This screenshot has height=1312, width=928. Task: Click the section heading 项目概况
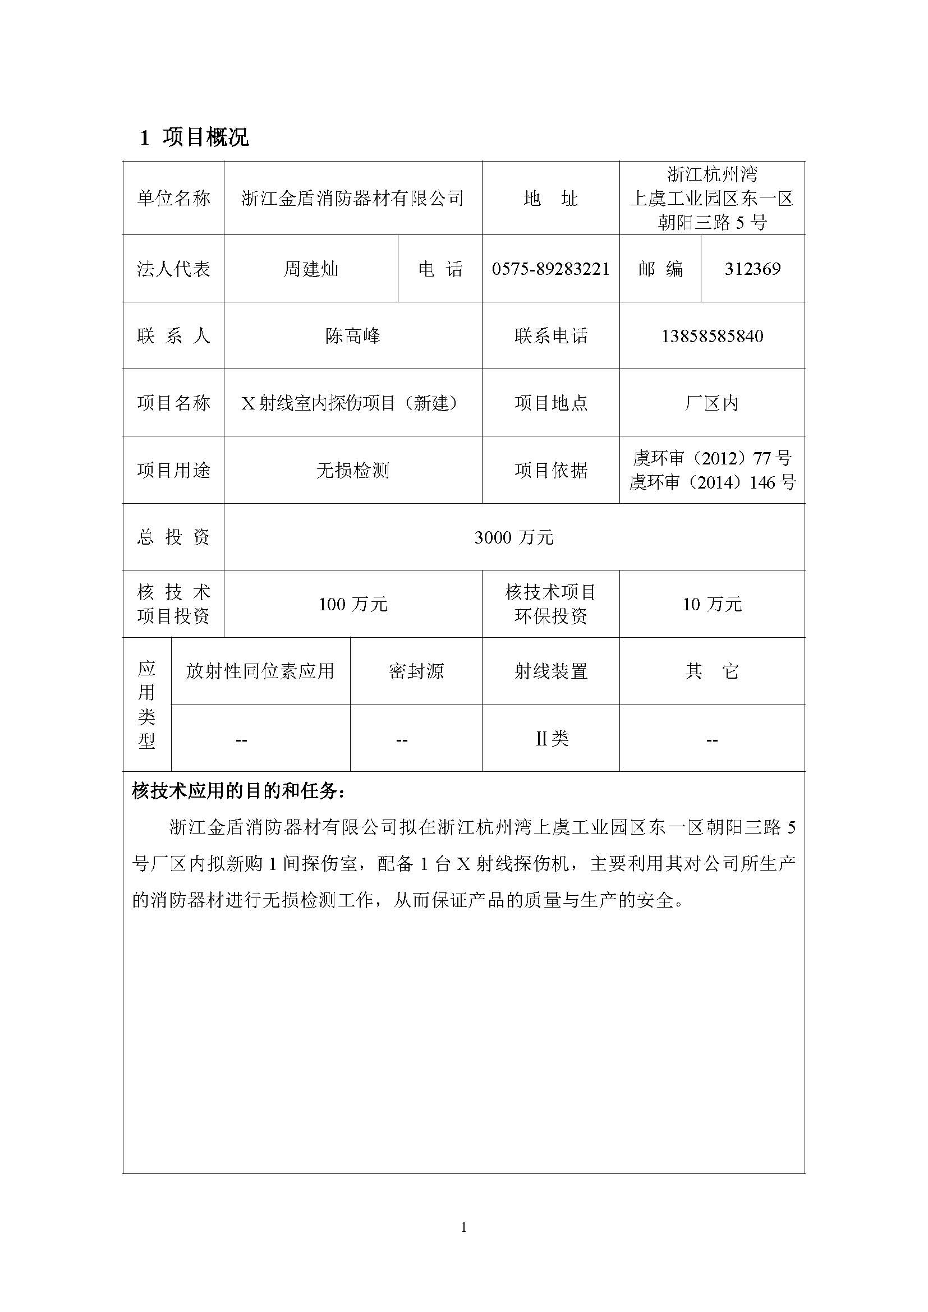coord(205,138)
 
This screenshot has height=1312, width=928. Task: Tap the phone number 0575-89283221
coord(550,269)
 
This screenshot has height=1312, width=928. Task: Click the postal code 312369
coord(752,269)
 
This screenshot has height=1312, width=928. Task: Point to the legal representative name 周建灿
coord(311,269)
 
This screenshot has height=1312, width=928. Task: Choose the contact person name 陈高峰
coord(352,335)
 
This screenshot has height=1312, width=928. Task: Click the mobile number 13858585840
coord(712,336)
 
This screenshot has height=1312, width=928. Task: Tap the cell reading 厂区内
coord(711,403)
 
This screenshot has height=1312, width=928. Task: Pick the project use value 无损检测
coord(352,470)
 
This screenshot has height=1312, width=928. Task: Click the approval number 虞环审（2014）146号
coord(712,483)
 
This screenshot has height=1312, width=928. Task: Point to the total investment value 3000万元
coord(514,537)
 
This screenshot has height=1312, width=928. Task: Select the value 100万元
coord(352,604)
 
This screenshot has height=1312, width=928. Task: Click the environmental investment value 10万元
coord(712,604)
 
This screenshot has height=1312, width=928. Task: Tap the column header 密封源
coord(416,671)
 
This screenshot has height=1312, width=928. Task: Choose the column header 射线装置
coord(550,671)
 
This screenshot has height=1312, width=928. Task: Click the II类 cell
coord(552,739)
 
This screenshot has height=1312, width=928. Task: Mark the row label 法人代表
coord(173,269)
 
